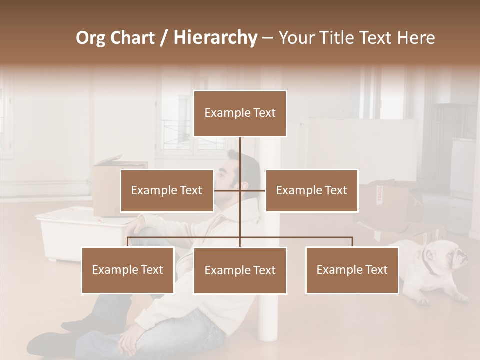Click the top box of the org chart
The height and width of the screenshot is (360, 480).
pyautogui.click(x=240, y=113)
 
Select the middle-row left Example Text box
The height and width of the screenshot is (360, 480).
pyautogui.click(x=167, y=190)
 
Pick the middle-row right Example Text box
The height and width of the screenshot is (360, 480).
pyautogui.click(x=311, y=190)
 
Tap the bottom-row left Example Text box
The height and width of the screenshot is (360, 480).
pyautogui.click(x=128, y=270)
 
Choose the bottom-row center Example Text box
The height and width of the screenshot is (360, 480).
pyautogui.click(x=240, y=270)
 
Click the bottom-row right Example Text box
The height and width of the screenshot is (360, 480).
pyautogui.click(x=352, y=270)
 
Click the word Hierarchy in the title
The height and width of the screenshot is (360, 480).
pyautogui.click(x=215, y=38)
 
